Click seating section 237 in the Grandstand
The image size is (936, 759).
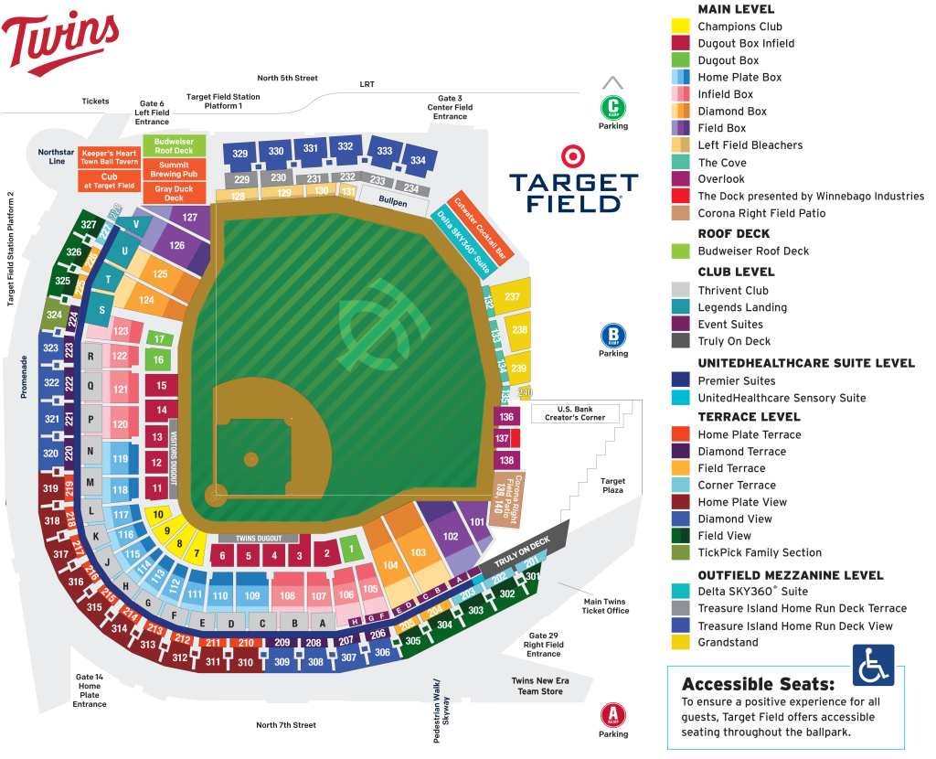point(512,296)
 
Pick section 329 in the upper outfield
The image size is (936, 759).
point(240,153)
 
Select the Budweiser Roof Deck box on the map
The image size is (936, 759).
point(174,146)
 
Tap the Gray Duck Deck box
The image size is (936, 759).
point(174,193)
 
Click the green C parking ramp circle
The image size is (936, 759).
point(613,107)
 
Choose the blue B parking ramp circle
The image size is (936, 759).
point(613,336)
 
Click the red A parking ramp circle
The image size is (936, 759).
point(613,715)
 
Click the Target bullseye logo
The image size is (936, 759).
point(572,155)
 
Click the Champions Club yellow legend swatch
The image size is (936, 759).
point(681,27)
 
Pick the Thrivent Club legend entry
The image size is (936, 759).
point(732,291)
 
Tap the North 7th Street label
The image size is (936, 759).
point(286,725)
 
